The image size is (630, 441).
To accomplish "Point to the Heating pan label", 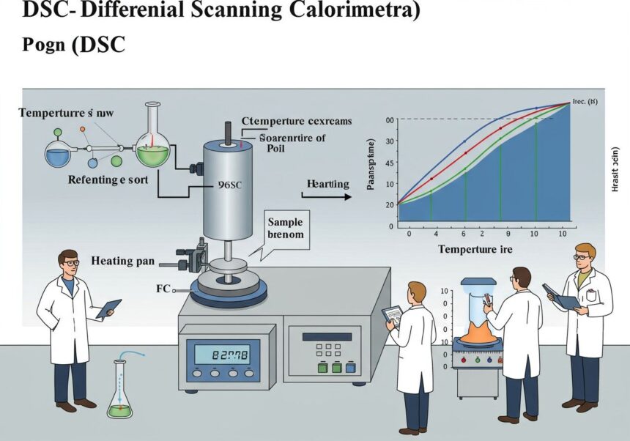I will (123, 260).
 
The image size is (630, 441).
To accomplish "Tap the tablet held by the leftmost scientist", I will (108, 308).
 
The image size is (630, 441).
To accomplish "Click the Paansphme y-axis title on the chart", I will (371, 164).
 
